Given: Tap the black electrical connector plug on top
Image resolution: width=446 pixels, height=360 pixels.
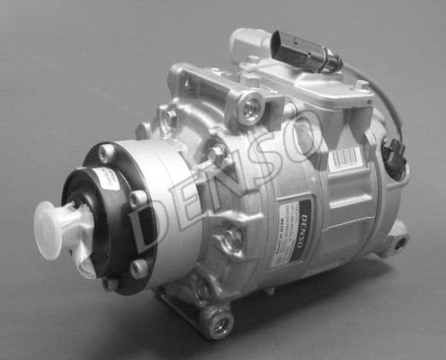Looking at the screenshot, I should [x=307, y=50].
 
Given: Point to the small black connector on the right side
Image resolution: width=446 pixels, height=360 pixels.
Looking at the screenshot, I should [x=393, y=158].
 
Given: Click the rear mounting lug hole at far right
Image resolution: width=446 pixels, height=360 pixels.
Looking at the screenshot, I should [x=399, y=243].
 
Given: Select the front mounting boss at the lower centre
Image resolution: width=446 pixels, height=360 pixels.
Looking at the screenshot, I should [x=231, y=238].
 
